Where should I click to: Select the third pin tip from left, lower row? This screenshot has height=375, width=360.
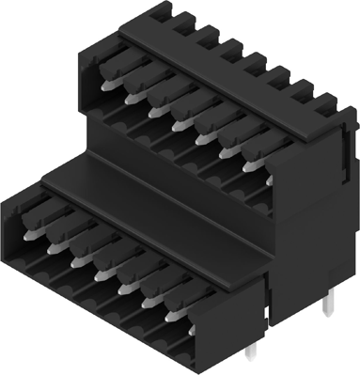[75, 252]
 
